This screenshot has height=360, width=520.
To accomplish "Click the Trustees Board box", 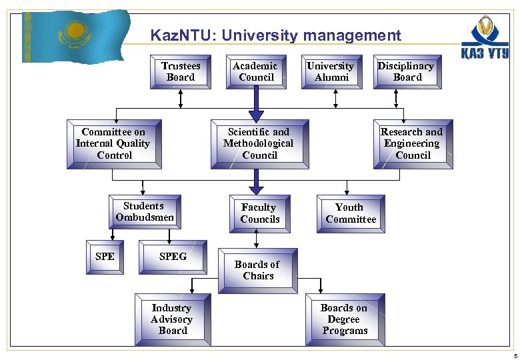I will pyautogui.click(x=181, y=71).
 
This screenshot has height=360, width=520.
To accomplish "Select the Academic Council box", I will pyautogui.click(x=256, y=71).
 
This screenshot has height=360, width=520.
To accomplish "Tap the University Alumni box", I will pyautogui.click(x=331, y=71).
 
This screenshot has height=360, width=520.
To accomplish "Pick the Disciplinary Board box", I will pyautogui.click(x=406, y=71).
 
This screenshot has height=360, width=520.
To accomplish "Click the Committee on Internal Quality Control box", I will pyautogui.click(x=114, y=143).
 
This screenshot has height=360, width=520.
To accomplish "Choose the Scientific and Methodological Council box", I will pyautogui.click(x=259, y=143).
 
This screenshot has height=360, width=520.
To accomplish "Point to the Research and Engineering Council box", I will pyautogui.click(x=413, y=143).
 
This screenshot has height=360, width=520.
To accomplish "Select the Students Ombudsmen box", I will pyautogui.click(x=145, y=212).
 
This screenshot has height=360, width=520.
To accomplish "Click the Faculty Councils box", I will pyautogui.click(x=259, y=213).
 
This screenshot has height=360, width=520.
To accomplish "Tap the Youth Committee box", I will pyautogui.click(x=350, y=213).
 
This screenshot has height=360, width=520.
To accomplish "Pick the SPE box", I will pyautogui.click(x=105, y=257).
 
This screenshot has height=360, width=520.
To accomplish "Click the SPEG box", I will pyautogui.click(x=173, y=257).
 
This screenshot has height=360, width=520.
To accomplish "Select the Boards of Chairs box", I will pyautogui.click(x=259, y=270).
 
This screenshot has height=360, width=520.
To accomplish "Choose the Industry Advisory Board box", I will pyautogui.click(x=172, y=319).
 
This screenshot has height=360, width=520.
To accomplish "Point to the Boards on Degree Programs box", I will pyautogui.click(x=345, y=319).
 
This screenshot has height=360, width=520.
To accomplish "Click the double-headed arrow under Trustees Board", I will pyautogui.click(x=181, y=99).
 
